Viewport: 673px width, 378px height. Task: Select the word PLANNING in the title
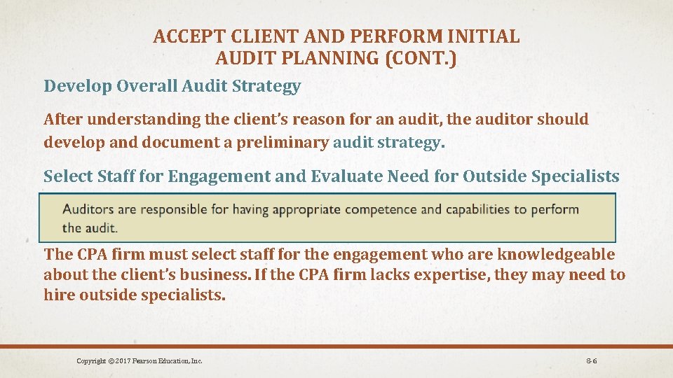pyautogui.click(x=329, y=58)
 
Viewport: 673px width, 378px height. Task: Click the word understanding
pyautogui.click(x=149, y=120)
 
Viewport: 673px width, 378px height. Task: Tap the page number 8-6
pyautogui.click(x=591, y=361)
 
